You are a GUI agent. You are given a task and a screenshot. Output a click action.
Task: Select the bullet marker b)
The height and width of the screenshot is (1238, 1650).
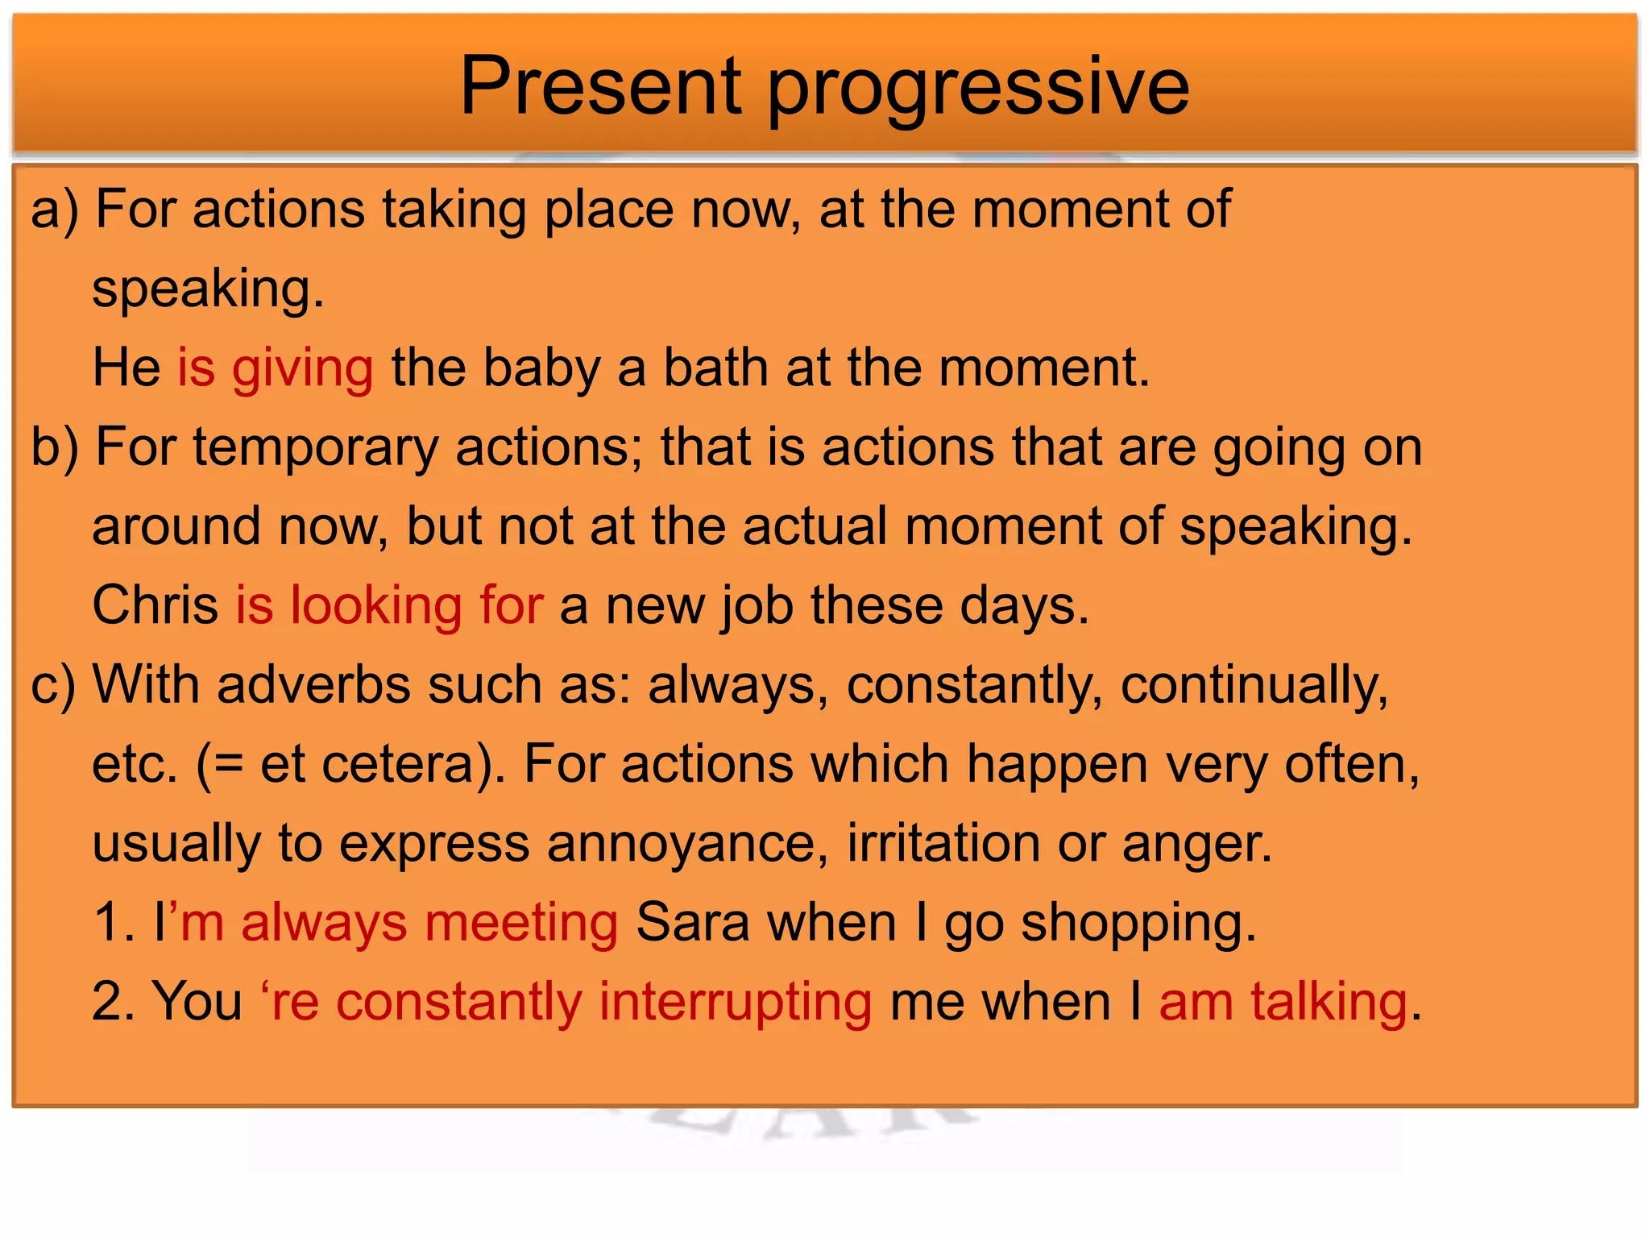click(x=54, y=447)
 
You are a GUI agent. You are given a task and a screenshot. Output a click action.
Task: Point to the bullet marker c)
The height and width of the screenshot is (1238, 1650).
click(x=52, y=685)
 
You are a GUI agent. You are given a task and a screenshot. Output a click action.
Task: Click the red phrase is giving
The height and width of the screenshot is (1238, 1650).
click(x=275, y=368)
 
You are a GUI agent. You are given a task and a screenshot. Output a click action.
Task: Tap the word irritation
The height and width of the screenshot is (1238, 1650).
click(x=943, y=843)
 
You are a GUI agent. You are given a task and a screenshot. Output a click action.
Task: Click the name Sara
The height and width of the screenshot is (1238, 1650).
click(x=692, y=922)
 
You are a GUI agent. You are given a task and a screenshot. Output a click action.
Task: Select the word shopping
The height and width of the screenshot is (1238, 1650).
click(x=1138, y=924)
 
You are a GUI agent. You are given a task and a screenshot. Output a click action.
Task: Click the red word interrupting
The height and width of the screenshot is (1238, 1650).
click(x=735, y=1003)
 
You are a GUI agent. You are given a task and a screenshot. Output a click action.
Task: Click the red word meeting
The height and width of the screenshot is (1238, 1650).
click(x=520, y=922)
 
